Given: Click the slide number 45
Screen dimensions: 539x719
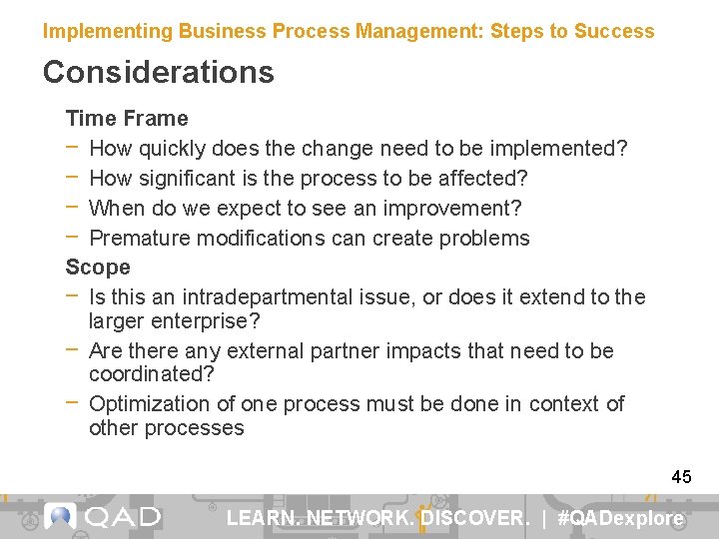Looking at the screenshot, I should click(681, 477).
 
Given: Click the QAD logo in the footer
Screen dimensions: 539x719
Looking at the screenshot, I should click(103, 517).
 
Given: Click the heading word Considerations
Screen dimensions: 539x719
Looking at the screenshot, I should click(158, 72).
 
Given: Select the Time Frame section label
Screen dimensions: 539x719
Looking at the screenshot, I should click(127, 119).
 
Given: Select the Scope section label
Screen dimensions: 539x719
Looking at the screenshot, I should click(98, 268).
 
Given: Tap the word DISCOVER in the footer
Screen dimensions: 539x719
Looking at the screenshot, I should click(473, 518).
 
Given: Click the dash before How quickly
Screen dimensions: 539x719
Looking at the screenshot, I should click(75, 148).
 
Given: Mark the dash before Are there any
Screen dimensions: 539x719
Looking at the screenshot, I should click(75, 350).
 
